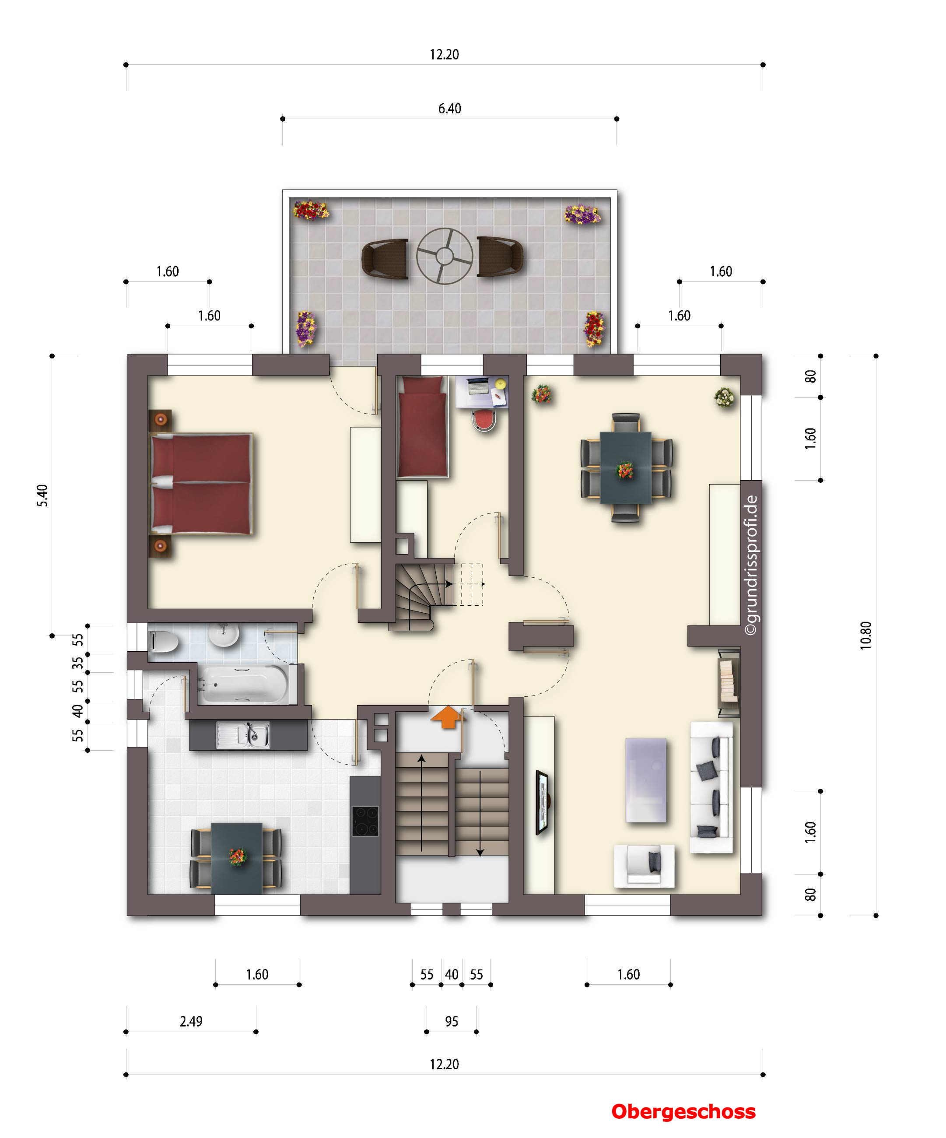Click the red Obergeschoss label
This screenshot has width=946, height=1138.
coord(683,1112)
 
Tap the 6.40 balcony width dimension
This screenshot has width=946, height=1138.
coord(449,109)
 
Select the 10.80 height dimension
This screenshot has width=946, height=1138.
coord(865,635)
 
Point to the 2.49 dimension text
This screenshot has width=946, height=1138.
coord(191,1022)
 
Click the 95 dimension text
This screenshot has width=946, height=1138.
coord(451,1022)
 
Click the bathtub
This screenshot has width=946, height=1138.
coord(243,685)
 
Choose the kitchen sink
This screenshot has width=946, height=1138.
coord(243,735)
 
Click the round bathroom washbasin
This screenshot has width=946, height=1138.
coord(224,635)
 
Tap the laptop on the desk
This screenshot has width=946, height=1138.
coord(478,386)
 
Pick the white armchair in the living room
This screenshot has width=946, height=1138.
coord(644,865)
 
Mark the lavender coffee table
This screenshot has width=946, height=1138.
coord(646,780)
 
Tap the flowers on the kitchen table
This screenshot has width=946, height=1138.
coord(237,857)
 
